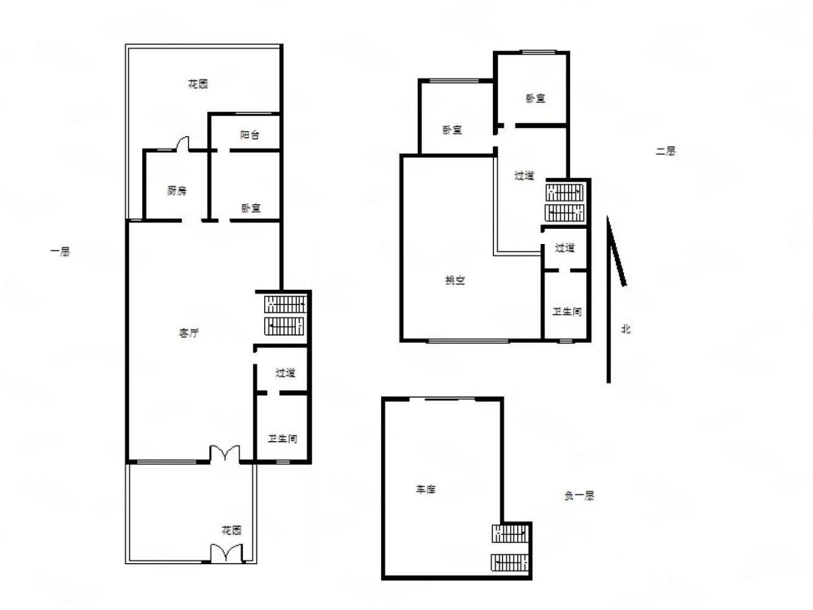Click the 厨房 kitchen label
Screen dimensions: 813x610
click(x=177, y=191)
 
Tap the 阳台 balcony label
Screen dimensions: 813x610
click(x=249, y=135)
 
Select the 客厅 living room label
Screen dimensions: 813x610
click(x=188, y=333)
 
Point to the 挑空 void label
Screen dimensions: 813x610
click(x=455, y=281)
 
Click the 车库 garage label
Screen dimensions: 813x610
click(x=426, y=490)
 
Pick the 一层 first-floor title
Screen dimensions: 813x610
click(x=60, y=252)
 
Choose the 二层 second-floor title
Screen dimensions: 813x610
click(x=665, y=151)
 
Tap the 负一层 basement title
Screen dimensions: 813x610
click(x=579, y=495)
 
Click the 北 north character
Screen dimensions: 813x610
click(x=626, y=329)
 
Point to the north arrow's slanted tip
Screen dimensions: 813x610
click(x=607, y=217)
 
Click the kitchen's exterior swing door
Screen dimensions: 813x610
click(x=182, y=144)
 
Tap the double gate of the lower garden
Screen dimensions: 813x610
click(x=226, y=553)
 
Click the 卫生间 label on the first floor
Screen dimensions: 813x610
click(x=282, y=439)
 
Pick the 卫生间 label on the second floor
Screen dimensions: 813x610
click(x=567, y=312)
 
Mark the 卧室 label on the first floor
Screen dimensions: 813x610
click(x=251, y=208)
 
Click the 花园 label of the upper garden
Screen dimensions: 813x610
click(x=198, y=84)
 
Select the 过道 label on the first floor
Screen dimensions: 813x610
click(x=285, y=373)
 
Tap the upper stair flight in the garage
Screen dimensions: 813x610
click(x=510, y=534)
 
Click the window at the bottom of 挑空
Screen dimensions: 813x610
click(x=468, y=340)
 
